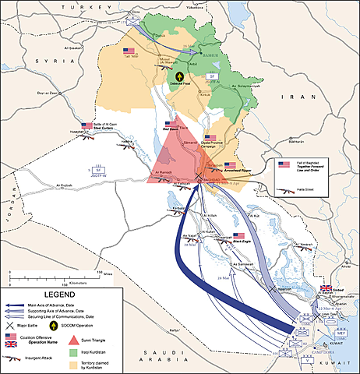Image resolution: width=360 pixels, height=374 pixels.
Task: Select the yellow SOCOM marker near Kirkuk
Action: pos(179,77)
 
